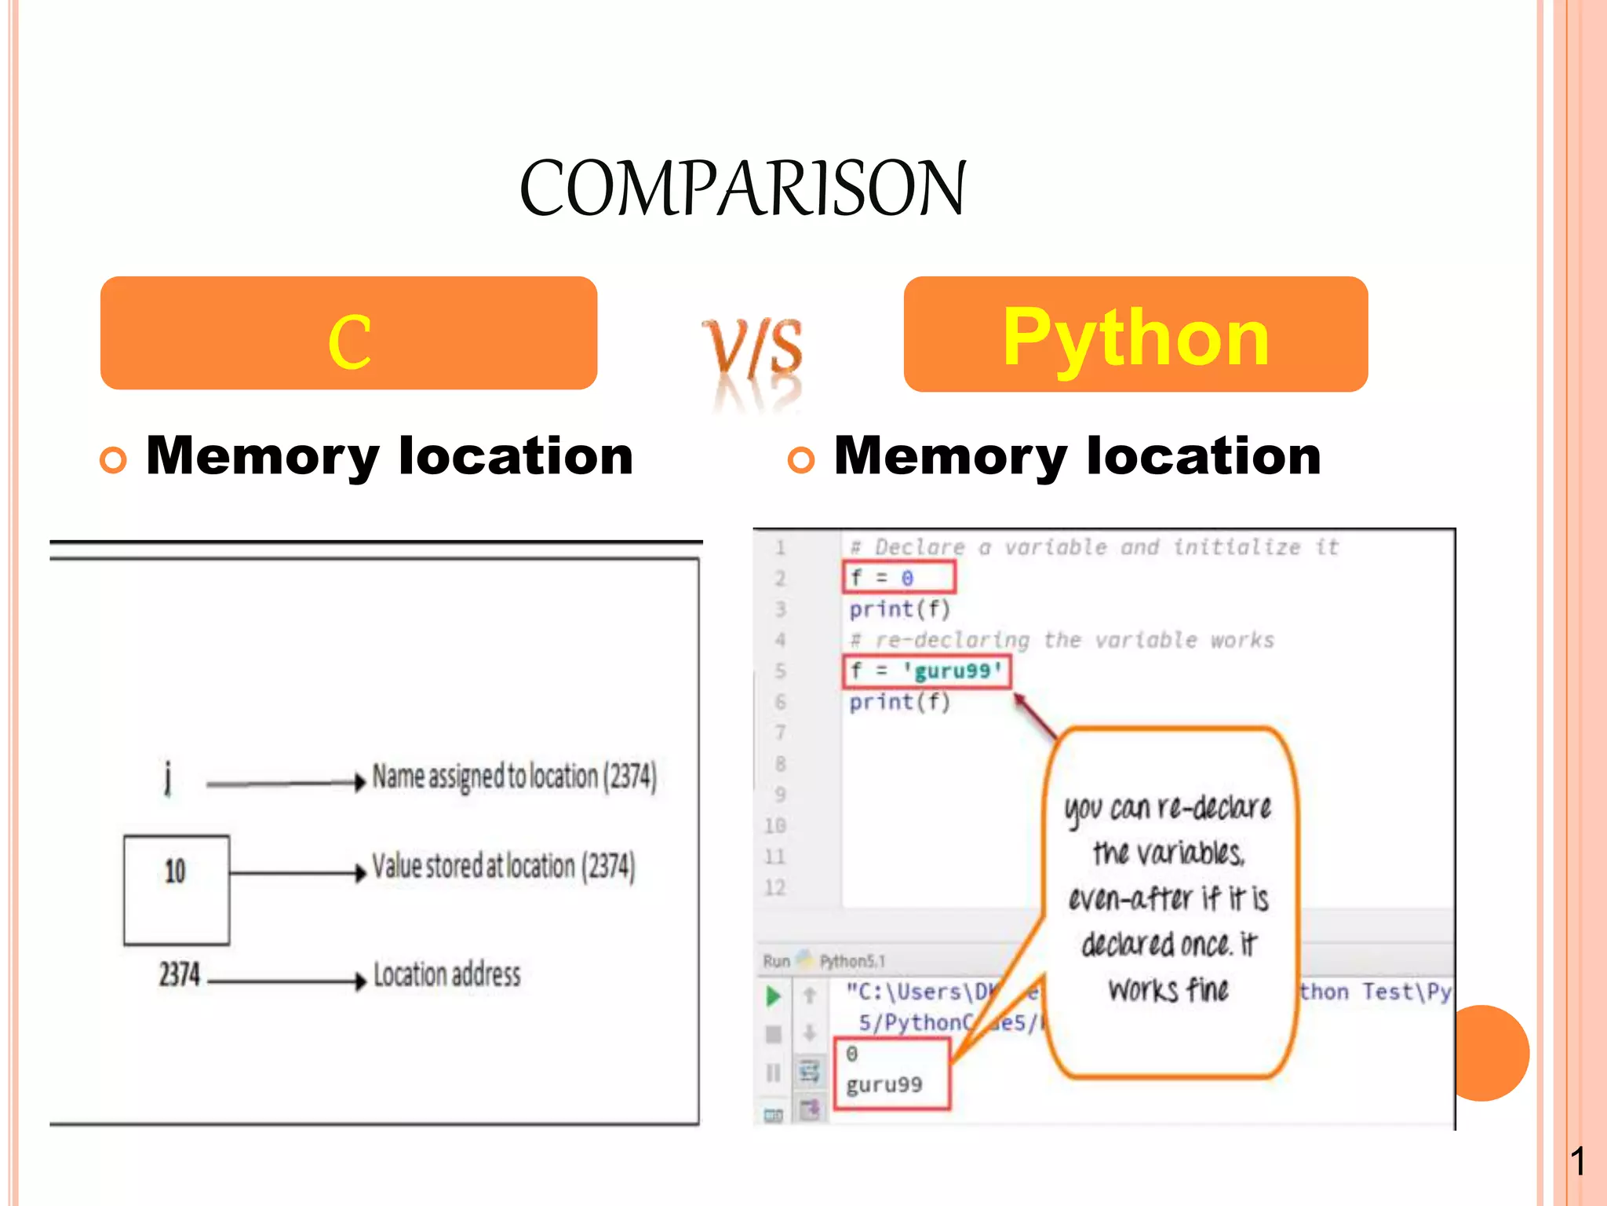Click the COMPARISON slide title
tap(742, 188)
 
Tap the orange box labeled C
tap(348, 334)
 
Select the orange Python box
tap(1135, 335)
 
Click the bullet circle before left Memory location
tap(113, 460)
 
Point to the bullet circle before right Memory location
tap(800, 460)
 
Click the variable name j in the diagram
tap(167, 778)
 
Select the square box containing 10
tap(177, 889)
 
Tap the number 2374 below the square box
tap(180, 974)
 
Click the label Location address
tap(446, 975)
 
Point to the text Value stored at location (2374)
tap(503, 867)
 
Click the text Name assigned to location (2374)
tap(514, 777)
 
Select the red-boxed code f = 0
tap(898, 578)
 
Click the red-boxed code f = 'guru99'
tap(927, 671)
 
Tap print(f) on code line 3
tap(899, 609)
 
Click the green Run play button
tap(773, 996)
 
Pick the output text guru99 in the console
tap(884, 1084)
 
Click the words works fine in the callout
tap(1168, 990)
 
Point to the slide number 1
tap(1578, 1161)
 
